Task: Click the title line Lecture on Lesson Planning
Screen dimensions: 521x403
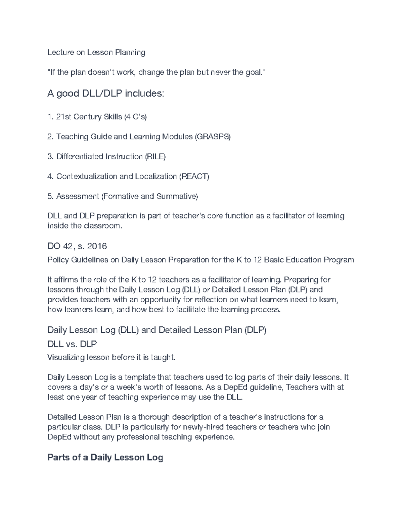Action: [x=96, y=52]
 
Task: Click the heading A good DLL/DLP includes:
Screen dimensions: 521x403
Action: [x=106, y=94]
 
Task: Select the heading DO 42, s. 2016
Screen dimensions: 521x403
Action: [x=77, y=246]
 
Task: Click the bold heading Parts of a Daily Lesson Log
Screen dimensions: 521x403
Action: [x=105, y=457]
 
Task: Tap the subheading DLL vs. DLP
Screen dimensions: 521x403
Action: [x=72, y=344]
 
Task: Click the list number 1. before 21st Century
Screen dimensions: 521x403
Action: [x=50, y=117]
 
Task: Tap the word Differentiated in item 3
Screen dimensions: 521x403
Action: [x=80, y=156]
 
